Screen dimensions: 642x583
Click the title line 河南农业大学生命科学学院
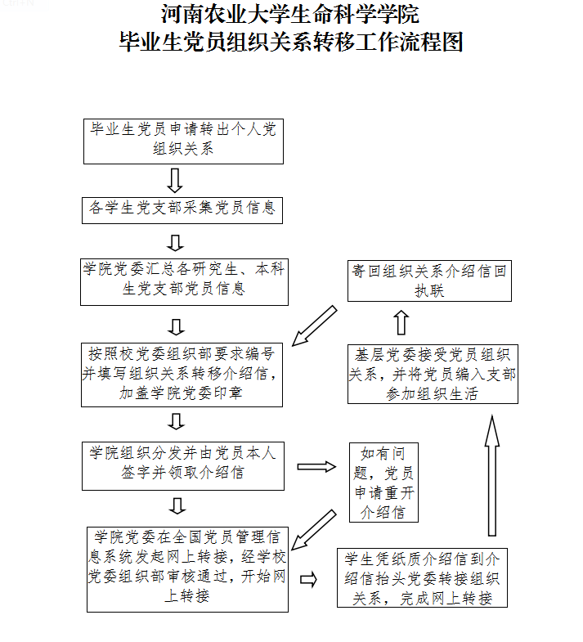pos(290,14)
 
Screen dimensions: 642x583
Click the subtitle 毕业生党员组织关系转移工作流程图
pos(290,41)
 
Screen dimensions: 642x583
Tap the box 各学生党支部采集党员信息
pos(182,209)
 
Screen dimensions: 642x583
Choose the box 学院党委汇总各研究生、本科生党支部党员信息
pos(183,280)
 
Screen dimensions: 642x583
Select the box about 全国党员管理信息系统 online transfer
pos(187,568)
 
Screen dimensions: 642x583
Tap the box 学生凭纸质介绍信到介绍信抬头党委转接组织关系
pos(422,577)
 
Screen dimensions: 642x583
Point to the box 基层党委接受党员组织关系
pos(433,375)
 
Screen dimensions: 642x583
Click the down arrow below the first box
pos(174,180)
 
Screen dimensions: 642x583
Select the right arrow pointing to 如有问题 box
pos(316,466)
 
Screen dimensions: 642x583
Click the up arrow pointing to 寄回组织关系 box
pos(401,322)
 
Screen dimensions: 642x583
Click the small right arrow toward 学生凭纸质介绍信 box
pos(309,579)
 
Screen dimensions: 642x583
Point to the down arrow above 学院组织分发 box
pos(176,421)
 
